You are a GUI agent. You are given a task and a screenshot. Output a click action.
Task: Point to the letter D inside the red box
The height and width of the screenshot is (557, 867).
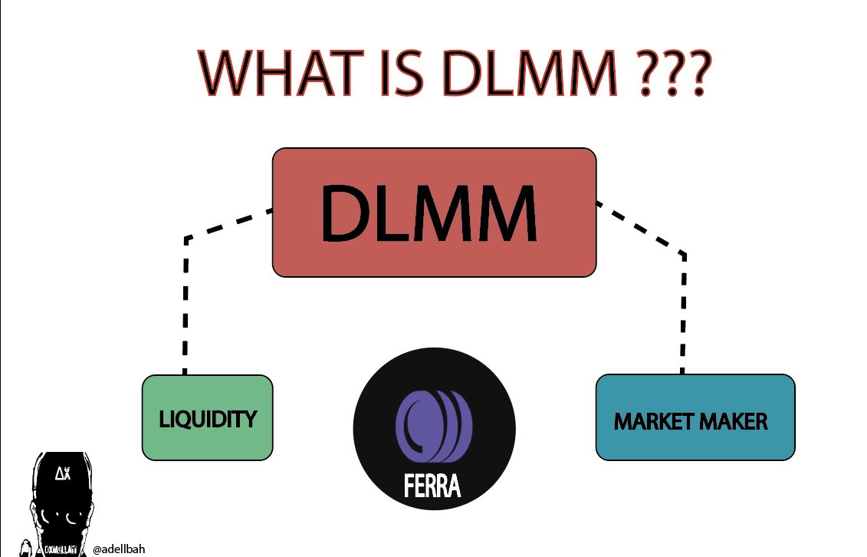(346, 213)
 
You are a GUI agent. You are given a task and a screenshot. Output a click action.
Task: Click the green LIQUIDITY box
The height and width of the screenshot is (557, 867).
(207, 418)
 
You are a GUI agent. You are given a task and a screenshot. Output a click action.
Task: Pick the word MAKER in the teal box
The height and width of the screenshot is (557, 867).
(734, 422)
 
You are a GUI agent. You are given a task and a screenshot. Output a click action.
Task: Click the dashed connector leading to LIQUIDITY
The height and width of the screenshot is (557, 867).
(186, 307)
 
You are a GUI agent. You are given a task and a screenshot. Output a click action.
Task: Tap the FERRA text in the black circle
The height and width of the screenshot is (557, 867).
(432, 486)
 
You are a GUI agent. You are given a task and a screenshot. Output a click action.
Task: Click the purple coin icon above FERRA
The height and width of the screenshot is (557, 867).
(433, 427)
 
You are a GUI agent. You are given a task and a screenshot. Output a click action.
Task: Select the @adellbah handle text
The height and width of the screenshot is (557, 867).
(119, 549)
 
